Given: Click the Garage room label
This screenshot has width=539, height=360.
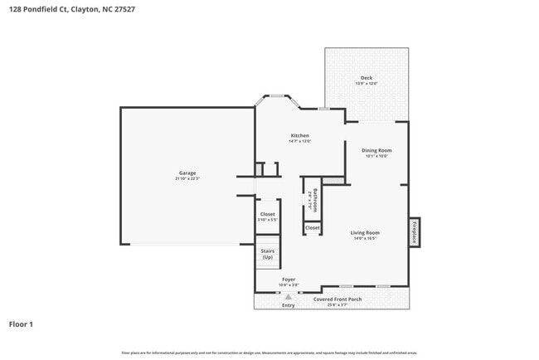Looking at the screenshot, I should click(187, 173).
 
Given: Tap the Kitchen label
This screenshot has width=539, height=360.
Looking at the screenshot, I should click(299, 135).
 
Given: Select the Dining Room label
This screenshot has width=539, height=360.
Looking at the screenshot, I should click(376, 150).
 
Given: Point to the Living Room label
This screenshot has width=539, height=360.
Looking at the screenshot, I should click(365, 232).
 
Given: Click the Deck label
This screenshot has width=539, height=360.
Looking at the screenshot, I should click(367, 78).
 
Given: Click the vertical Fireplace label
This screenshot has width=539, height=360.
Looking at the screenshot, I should click(415, 231).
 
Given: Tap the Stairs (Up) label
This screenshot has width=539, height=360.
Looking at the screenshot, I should click(267, 253).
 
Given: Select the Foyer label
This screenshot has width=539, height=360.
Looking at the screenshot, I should click(289, 280).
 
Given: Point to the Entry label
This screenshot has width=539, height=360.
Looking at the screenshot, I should click(288, 305).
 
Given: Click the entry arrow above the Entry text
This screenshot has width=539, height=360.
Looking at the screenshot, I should click(288, 296).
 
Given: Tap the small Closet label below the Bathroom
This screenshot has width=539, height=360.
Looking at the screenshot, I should click(313, 227).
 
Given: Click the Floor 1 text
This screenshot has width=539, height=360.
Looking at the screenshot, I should click(21, 324).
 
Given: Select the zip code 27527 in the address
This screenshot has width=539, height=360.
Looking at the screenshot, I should click(124, 9).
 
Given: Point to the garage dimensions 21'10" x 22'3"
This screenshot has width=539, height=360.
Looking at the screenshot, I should click(187, 178).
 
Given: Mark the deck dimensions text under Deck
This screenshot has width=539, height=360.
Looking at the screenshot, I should click(367, 84).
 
